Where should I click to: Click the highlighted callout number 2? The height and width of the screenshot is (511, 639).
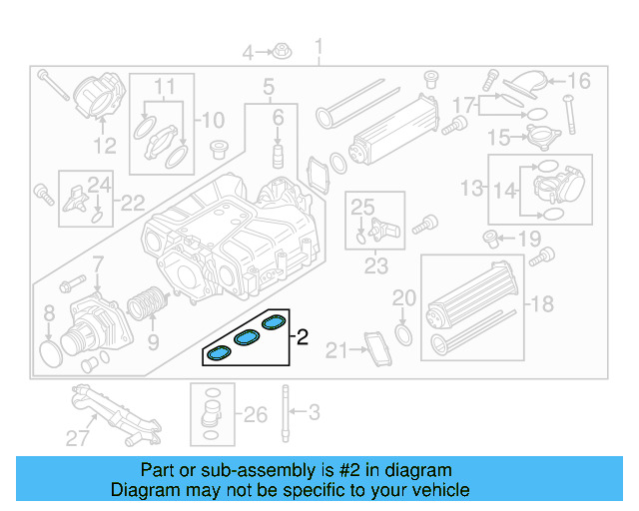point(303,338)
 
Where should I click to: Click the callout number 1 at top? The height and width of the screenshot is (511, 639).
point(319,47)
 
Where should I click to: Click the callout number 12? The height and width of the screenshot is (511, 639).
point(105,147)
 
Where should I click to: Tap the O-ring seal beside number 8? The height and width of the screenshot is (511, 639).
point(49,350)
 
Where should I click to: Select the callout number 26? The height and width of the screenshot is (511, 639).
point(256,414)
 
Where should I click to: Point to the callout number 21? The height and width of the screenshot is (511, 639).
point(334,349)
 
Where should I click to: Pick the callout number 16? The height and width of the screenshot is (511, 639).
point(579,81)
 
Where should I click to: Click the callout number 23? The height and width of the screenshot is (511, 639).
point(375,266)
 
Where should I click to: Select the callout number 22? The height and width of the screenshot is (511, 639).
point(132,204)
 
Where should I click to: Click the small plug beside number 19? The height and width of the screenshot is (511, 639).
point(490,238)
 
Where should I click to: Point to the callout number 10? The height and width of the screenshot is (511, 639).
point(214,121)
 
